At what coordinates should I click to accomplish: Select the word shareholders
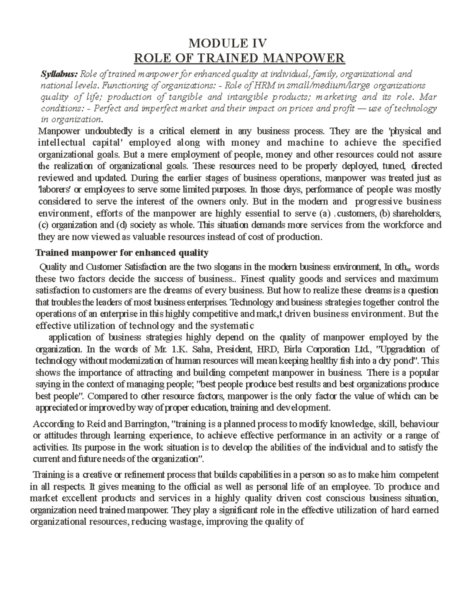point(416,213)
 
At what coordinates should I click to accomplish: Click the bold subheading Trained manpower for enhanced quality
point(122,253)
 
